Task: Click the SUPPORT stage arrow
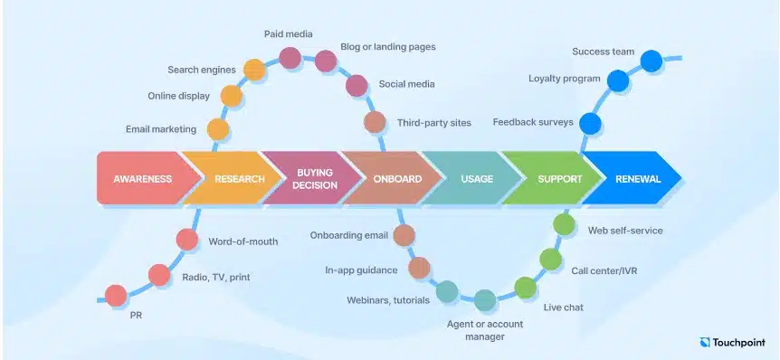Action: pos(554,178)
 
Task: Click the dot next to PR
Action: pos(116,295)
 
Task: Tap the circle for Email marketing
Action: pos(218,129)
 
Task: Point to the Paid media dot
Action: pos(290,59)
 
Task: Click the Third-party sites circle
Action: pos(375,122)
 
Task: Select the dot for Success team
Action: pos(652,61)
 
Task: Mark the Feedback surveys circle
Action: pos(590,123)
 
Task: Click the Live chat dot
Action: pos(526,288)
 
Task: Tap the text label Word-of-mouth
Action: pos(243,242)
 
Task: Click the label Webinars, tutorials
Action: pos(388,299)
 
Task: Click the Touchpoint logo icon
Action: pos(707,343)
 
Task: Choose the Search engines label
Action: pos(202,70)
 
